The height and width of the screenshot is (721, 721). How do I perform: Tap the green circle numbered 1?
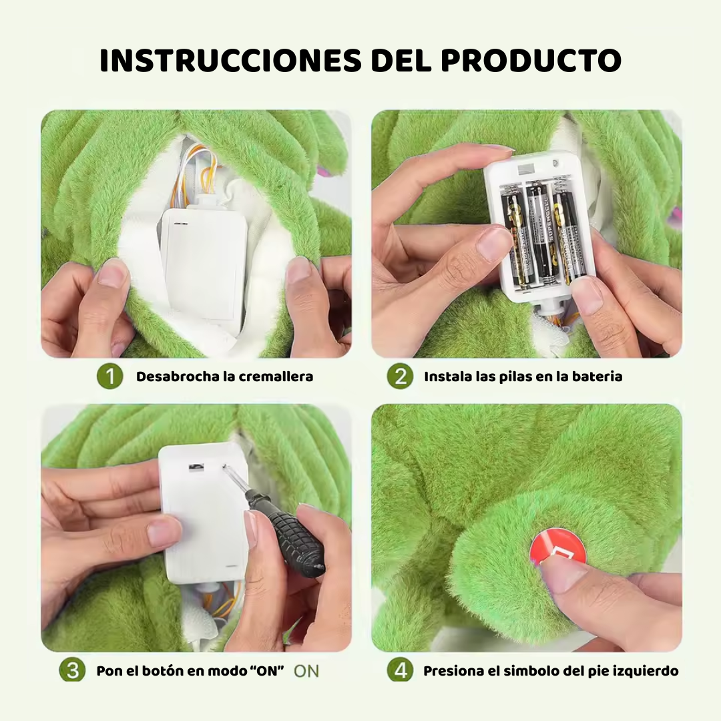pyautogui.click(x=110, y=377)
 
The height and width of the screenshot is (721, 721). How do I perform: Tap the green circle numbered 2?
pyautogui.click(x=400, y=377)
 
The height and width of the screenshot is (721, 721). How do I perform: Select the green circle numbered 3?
pyautogui.click(x=72, y=670)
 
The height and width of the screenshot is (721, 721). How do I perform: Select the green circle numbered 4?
pyautogui.click(x=400, y=670)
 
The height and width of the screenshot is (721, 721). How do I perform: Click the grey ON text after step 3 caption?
pyautogui.click(x=306, y=671)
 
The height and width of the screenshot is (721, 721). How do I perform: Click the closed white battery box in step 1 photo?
pyautogui.click(x=204, y=260)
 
